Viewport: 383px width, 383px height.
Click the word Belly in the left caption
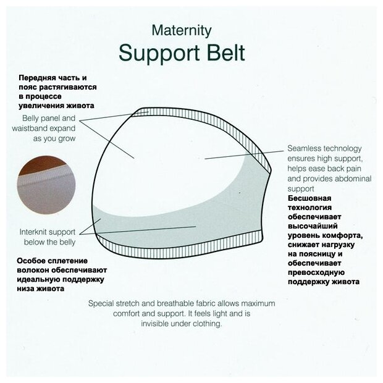click(33, 119)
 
